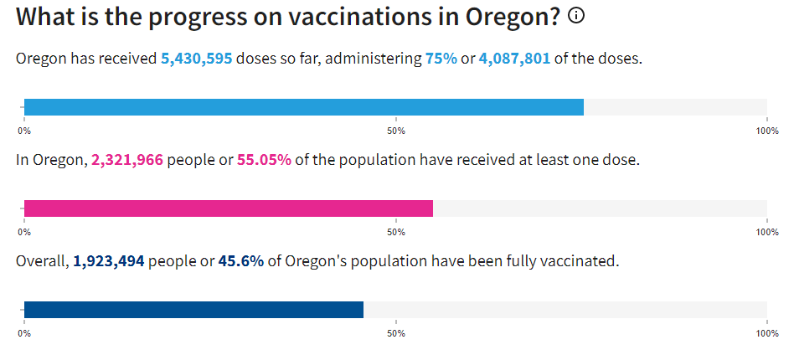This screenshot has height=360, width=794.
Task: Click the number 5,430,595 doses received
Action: point(197,59)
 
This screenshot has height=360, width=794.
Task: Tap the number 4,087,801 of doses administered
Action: point(514,59)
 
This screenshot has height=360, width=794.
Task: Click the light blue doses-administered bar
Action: point(303,107)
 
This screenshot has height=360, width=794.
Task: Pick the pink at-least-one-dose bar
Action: point(228,208)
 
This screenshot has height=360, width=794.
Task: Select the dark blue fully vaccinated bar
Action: point(193,310)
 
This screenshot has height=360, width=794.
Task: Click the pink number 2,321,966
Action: point(127,159)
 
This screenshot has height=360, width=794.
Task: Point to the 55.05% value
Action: point(265,159)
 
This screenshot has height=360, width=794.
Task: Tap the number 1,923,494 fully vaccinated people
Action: point(109,261)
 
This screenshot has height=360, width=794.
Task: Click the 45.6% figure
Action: point(241,261)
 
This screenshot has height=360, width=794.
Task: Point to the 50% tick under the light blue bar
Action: point(396,131)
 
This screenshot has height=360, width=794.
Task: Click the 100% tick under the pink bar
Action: point(767,232)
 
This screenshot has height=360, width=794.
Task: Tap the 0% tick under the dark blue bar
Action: point(24,333)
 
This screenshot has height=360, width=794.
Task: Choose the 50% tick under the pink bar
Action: point(396,232)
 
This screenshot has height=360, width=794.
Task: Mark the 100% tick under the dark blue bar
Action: point(767,333)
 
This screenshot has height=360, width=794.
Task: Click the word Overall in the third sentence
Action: point(40,261)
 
